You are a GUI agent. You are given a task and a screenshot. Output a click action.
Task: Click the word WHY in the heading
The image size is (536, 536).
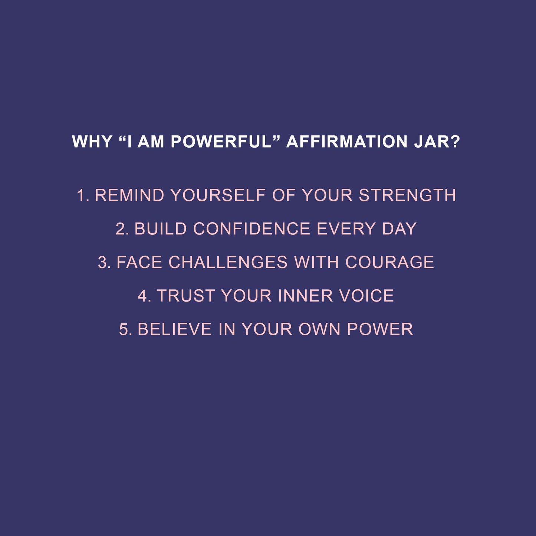click(x=92, y=142)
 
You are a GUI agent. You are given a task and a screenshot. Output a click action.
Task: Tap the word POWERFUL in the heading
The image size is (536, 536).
click(x=221, y=142)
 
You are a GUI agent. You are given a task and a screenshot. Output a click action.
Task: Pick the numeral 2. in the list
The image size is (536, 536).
click(x=122, y=229)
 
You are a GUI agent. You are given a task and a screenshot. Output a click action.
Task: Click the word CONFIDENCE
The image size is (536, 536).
click(x=251, y=229)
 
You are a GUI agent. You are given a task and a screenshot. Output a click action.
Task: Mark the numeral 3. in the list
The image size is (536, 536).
click(x=104, y=263)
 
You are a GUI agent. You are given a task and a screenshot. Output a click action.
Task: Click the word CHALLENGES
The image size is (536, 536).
click(x=228, y=263)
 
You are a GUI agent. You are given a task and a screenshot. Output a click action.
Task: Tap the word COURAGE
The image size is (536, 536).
click(x=389, y=263)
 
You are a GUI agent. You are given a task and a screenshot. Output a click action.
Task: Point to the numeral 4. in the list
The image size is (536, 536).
click(x=144, y=296)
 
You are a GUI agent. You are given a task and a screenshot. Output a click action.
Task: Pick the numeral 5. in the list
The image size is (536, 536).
click(x=125, y=329)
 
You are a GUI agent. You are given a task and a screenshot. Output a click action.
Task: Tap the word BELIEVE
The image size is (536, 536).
click(x=175, y=329)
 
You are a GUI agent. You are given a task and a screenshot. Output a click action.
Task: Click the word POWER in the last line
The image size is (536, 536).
click(x=380, y=329)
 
